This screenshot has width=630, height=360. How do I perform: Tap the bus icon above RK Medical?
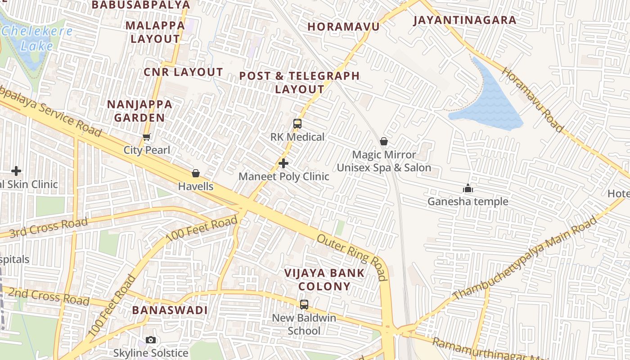click(297, 124)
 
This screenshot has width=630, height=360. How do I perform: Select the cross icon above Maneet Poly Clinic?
click(283, 163)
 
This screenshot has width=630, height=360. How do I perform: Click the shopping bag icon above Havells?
click(196, 173)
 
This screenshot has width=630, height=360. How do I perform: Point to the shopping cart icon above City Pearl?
click(146, 137)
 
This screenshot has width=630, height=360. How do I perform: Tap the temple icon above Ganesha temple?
click(468, 188)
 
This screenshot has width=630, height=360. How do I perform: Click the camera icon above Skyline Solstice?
click(151, 340)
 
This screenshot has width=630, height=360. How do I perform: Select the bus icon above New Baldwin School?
click(304, 305)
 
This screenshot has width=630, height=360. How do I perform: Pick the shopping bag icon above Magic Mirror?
click(384, 142)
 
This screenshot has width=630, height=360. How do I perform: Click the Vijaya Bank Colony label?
click(324, 279)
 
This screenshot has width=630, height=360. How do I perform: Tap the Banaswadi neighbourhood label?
click(170, 310)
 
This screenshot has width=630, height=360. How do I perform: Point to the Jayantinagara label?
click(465, 20)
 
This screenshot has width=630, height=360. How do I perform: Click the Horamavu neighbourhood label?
click(343, 27)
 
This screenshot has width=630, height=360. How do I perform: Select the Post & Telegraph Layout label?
click(300, 82)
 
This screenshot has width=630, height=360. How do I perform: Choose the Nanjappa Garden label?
click(139, 111)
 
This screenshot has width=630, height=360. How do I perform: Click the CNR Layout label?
click(183, 72)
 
